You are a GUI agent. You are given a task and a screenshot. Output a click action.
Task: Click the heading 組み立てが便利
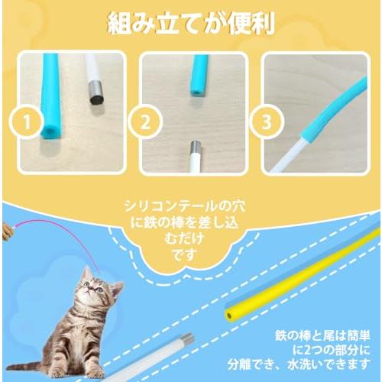[190, 23]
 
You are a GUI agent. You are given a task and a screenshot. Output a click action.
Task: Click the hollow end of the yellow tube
[230, 314]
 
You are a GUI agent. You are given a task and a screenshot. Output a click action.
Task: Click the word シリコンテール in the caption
[165, 206]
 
